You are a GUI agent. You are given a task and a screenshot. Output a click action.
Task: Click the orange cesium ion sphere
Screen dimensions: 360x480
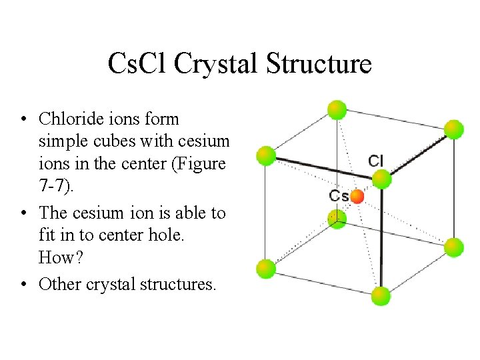[357, 196]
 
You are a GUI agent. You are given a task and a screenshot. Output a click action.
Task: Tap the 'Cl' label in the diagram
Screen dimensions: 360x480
[376, 161]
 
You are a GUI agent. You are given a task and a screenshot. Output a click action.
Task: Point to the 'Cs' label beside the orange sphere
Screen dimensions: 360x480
[339, 196]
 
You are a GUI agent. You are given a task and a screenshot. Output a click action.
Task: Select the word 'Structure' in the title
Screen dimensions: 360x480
[319, 64]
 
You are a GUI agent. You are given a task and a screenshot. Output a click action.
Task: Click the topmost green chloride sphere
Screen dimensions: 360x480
[337, 109]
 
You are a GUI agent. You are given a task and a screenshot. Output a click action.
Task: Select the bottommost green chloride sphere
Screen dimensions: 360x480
[381, 296]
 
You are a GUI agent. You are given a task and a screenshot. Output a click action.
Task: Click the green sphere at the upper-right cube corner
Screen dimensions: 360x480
[453, 129]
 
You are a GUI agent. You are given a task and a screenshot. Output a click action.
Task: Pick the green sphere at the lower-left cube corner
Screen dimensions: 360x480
[266, 269]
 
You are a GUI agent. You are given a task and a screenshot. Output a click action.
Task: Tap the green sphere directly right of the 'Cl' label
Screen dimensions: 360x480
[381, 179]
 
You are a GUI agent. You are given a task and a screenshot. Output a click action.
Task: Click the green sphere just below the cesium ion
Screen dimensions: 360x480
[338, 217]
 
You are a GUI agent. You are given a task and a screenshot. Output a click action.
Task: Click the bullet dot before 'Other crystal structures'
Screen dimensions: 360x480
[23, 285]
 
